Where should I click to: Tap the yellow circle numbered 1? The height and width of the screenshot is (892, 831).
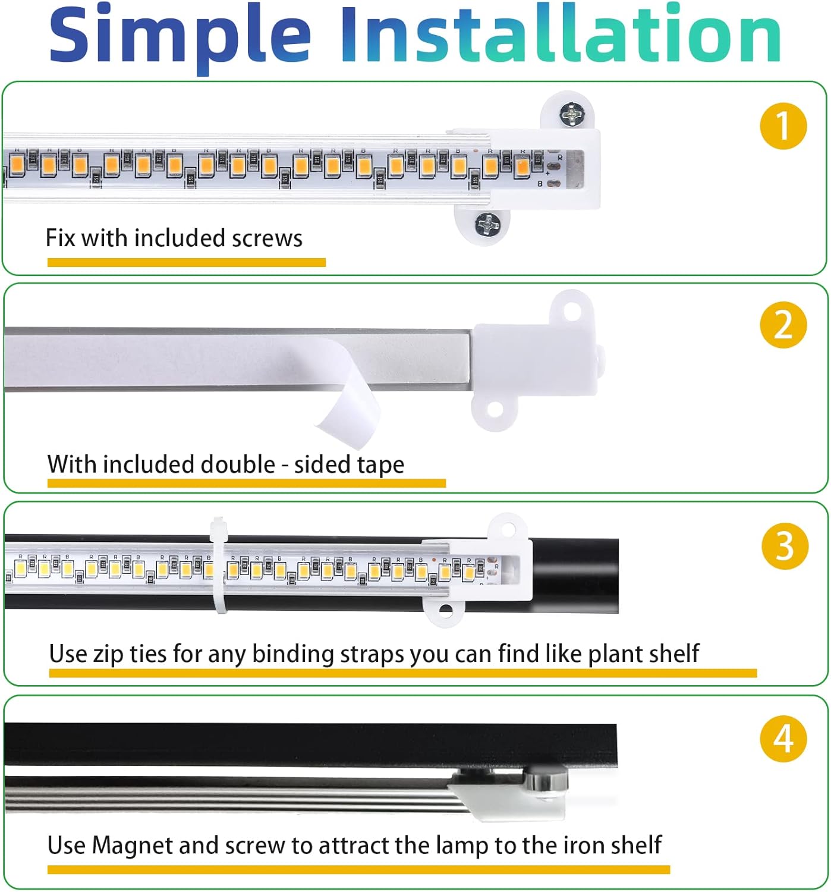click(783, 125)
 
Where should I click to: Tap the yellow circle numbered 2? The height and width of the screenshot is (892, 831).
click(783, 325)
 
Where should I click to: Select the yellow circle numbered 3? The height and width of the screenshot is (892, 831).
click(784, 545)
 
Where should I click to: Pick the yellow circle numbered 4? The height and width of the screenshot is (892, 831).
click(783, 739)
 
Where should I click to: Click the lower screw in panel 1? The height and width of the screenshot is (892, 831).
click(487, 224)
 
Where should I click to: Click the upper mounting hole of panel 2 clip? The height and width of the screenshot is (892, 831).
click(572, 309)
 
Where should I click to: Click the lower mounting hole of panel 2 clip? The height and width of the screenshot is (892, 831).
click(493, 409)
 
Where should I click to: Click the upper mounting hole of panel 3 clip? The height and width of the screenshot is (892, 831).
click(508, 528)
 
